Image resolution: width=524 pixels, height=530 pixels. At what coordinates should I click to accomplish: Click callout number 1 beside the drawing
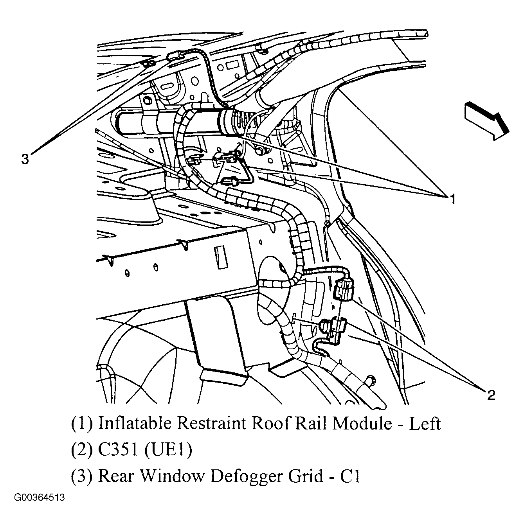click(452, 199)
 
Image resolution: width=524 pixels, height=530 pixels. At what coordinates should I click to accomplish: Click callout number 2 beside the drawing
click(491, 395)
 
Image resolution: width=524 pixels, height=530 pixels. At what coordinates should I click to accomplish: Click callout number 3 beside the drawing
click(25, 159)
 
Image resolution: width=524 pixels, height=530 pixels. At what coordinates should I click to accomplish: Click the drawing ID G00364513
click(40, 498)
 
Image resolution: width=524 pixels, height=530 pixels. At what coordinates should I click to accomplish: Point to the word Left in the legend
click(425, 423)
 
